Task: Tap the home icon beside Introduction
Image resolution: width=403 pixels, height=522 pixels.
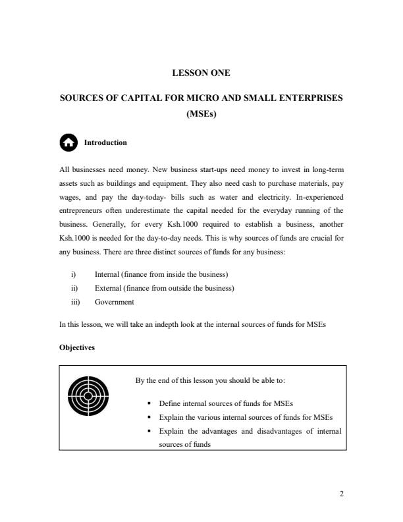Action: coord(68,142)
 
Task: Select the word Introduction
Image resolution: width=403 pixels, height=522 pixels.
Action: coord(105,142)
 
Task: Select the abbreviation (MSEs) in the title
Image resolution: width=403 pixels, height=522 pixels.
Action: coord(201,113)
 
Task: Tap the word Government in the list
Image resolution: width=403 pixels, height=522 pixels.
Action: coord(115,302)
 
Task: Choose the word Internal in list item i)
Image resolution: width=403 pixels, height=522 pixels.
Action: coord(107,274)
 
